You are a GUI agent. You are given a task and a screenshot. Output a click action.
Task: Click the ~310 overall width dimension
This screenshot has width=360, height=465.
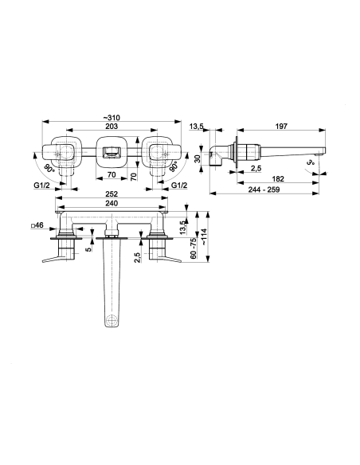(x=112, y=118)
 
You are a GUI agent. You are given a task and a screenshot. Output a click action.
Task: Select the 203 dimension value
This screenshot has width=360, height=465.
(x=112, y=126)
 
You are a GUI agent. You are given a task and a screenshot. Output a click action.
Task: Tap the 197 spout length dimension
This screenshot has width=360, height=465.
(x=281, y=126)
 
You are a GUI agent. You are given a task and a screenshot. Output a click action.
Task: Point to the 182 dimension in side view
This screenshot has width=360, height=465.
(x=278, y=179)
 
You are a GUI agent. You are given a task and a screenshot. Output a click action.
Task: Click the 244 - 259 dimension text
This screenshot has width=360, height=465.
(x=264, y=190)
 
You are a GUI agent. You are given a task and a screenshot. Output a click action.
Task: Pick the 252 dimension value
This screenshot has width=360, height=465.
(x=112, y=194)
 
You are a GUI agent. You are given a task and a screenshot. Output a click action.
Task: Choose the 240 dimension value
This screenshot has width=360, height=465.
(x=112, y=203)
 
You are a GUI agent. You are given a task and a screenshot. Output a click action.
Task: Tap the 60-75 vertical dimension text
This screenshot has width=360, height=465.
(x=194, y=248)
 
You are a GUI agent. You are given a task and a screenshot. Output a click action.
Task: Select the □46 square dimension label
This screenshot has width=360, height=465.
(x=37, y=225)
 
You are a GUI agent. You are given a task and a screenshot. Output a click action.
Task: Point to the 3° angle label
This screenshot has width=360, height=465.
(x=310, y=162)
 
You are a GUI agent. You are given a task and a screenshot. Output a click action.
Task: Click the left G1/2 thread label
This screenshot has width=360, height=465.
(x=41, y=186)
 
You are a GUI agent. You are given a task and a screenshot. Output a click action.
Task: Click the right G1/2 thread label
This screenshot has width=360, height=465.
(x=179, y=186)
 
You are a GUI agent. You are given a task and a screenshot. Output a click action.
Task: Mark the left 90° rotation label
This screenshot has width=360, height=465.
(x=49, y=169)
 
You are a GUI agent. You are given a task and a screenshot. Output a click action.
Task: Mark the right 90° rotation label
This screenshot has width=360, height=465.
(x=174, y=166)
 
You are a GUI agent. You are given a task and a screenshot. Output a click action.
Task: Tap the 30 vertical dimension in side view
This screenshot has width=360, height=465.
(x=198, y=158)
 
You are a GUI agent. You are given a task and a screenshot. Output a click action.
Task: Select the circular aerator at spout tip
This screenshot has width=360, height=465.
(x=112, y=320)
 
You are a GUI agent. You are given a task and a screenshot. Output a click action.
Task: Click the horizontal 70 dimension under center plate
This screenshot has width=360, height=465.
(x=112, y=175)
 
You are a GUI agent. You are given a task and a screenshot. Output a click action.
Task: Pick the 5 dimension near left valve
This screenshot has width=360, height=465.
(x=88, y=249)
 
